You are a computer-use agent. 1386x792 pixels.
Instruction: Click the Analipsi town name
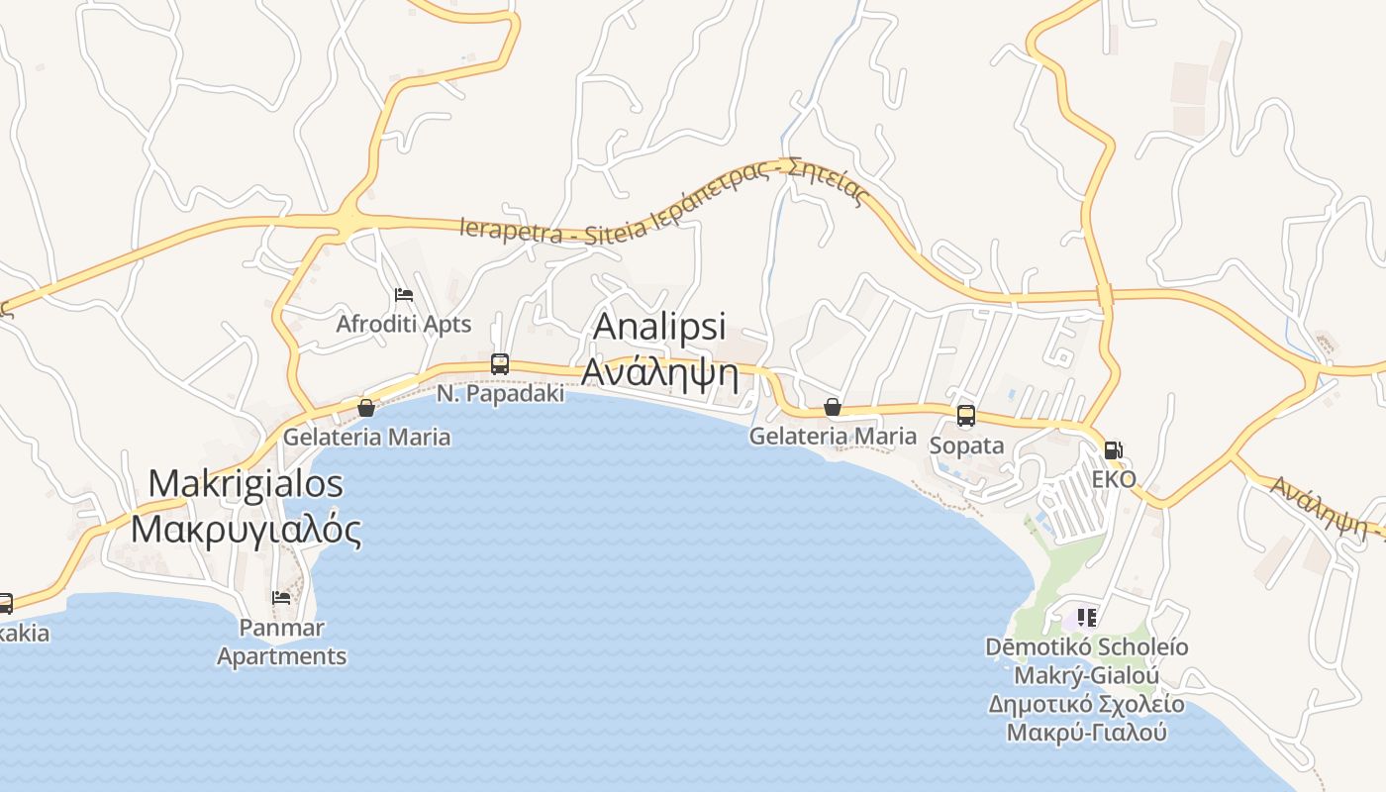(x=659, y=327)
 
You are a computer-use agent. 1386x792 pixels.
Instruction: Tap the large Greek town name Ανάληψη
(x=660, y=372)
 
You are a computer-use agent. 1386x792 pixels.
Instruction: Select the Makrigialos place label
(x=246, y=483)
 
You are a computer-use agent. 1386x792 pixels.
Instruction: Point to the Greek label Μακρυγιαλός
(x=246, y=529)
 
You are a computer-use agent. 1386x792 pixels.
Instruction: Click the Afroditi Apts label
(x=403, y=325)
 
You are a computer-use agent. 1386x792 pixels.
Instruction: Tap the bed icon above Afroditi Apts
(x=403, y=295)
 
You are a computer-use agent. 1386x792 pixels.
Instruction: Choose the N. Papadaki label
(x=501, y=393)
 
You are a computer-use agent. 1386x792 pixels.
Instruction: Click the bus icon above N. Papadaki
(x=500, y=363)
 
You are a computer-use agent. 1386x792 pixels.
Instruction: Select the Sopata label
(x=966, y=445)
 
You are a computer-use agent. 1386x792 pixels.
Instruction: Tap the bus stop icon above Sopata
(x=966, y=416)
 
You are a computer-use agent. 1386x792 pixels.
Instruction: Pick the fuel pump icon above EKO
(x=1114, y=450)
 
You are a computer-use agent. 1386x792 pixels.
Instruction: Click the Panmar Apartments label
(x=282, y=642)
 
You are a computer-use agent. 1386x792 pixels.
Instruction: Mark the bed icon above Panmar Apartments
(x=282, y=598)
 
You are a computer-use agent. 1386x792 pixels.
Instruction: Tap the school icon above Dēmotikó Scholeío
(x=1086, y=618)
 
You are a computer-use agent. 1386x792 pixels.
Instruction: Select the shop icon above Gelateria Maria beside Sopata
(x=833, y=407)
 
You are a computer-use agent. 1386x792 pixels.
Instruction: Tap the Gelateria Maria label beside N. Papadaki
(x=366, y=437)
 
